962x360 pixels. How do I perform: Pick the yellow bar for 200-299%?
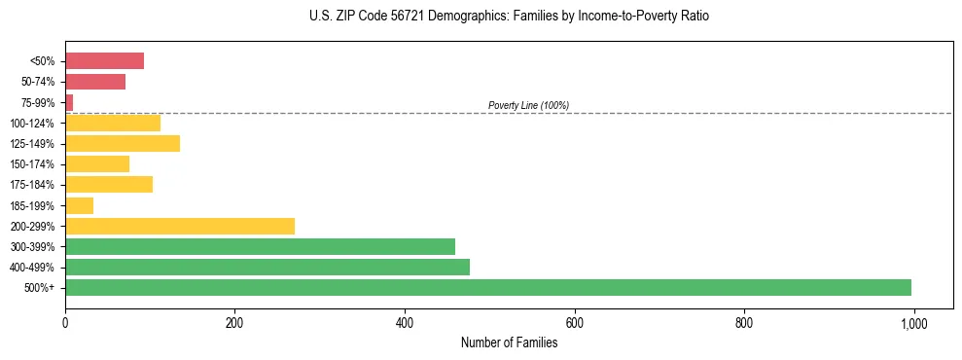click(180, 226)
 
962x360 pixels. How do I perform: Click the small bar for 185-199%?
click(80, 205)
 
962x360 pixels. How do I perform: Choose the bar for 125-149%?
click(123, 144)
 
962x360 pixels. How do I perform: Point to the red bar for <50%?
click(105, 61)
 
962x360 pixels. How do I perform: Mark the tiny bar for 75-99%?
click(69, 102)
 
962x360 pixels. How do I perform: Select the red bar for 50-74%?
click(95, 82)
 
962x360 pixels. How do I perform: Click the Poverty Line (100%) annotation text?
click(528, 105)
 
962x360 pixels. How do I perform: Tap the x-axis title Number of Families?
click(509, 342)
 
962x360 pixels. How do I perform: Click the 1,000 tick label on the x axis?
click(913, 323)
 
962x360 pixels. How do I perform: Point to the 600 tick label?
click(574, 323)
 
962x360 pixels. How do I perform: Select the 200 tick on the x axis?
click(234, 323)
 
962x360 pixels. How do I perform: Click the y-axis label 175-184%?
click(33, 185)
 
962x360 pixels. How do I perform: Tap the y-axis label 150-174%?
click(33, 164)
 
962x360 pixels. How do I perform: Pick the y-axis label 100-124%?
click(33, 124)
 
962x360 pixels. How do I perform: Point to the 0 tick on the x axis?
click(65, 323)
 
